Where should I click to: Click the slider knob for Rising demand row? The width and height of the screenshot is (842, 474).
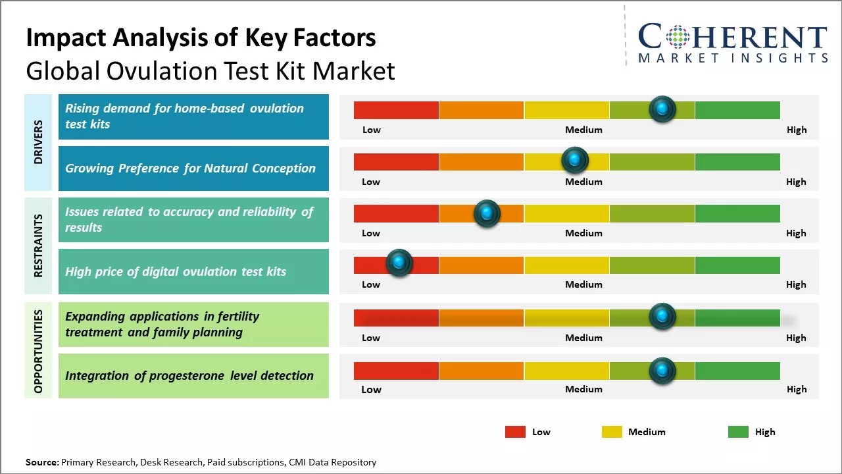coord(662,109)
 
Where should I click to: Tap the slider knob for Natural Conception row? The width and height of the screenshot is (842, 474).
coord(575,160)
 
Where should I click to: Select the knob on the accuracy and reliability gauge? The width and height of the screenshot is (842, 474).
coord(487,213)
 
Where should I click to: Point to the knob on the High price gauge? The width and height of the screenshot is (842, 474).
coord(399,263)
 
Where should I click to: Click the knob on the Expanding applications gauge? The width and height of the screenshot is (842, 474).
coord(662,317)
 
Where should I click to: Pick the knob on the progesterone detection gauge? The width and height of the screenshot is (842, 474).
coord(662,371)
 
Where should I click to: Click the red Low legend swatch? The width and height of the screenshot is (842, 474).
coord(515,432)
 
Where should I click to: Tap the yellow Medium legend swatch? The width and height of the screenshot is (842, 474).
coord(612,432)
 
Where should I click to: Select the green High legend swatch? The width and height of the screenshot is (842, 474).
coord(738,432)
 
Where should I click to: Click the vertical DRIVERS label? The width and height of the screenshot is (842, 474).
coord(38,142)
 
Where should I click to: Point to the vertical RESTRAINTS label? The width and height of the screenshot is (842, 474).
coord(38,246)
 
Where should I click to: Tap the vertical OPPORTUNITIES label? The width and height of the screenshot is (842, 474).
coord(38,351)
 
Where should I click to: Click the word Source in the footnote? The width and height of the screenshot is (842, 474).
coord(41,462)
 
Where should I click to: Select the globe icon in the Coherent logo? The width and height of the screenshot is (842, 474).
coord(678,37)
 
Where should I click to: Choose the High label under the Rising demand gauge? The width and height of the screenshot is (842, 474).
coord(796,130)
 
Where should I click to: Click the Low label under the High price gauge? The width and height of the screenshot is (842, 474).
coord(371,284)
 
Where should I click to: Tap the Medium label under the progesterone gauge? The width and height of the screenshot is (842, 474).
coord(583,389)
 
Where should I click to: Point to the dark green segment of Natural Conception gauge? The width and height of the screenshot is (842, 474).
coord(737,161)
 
